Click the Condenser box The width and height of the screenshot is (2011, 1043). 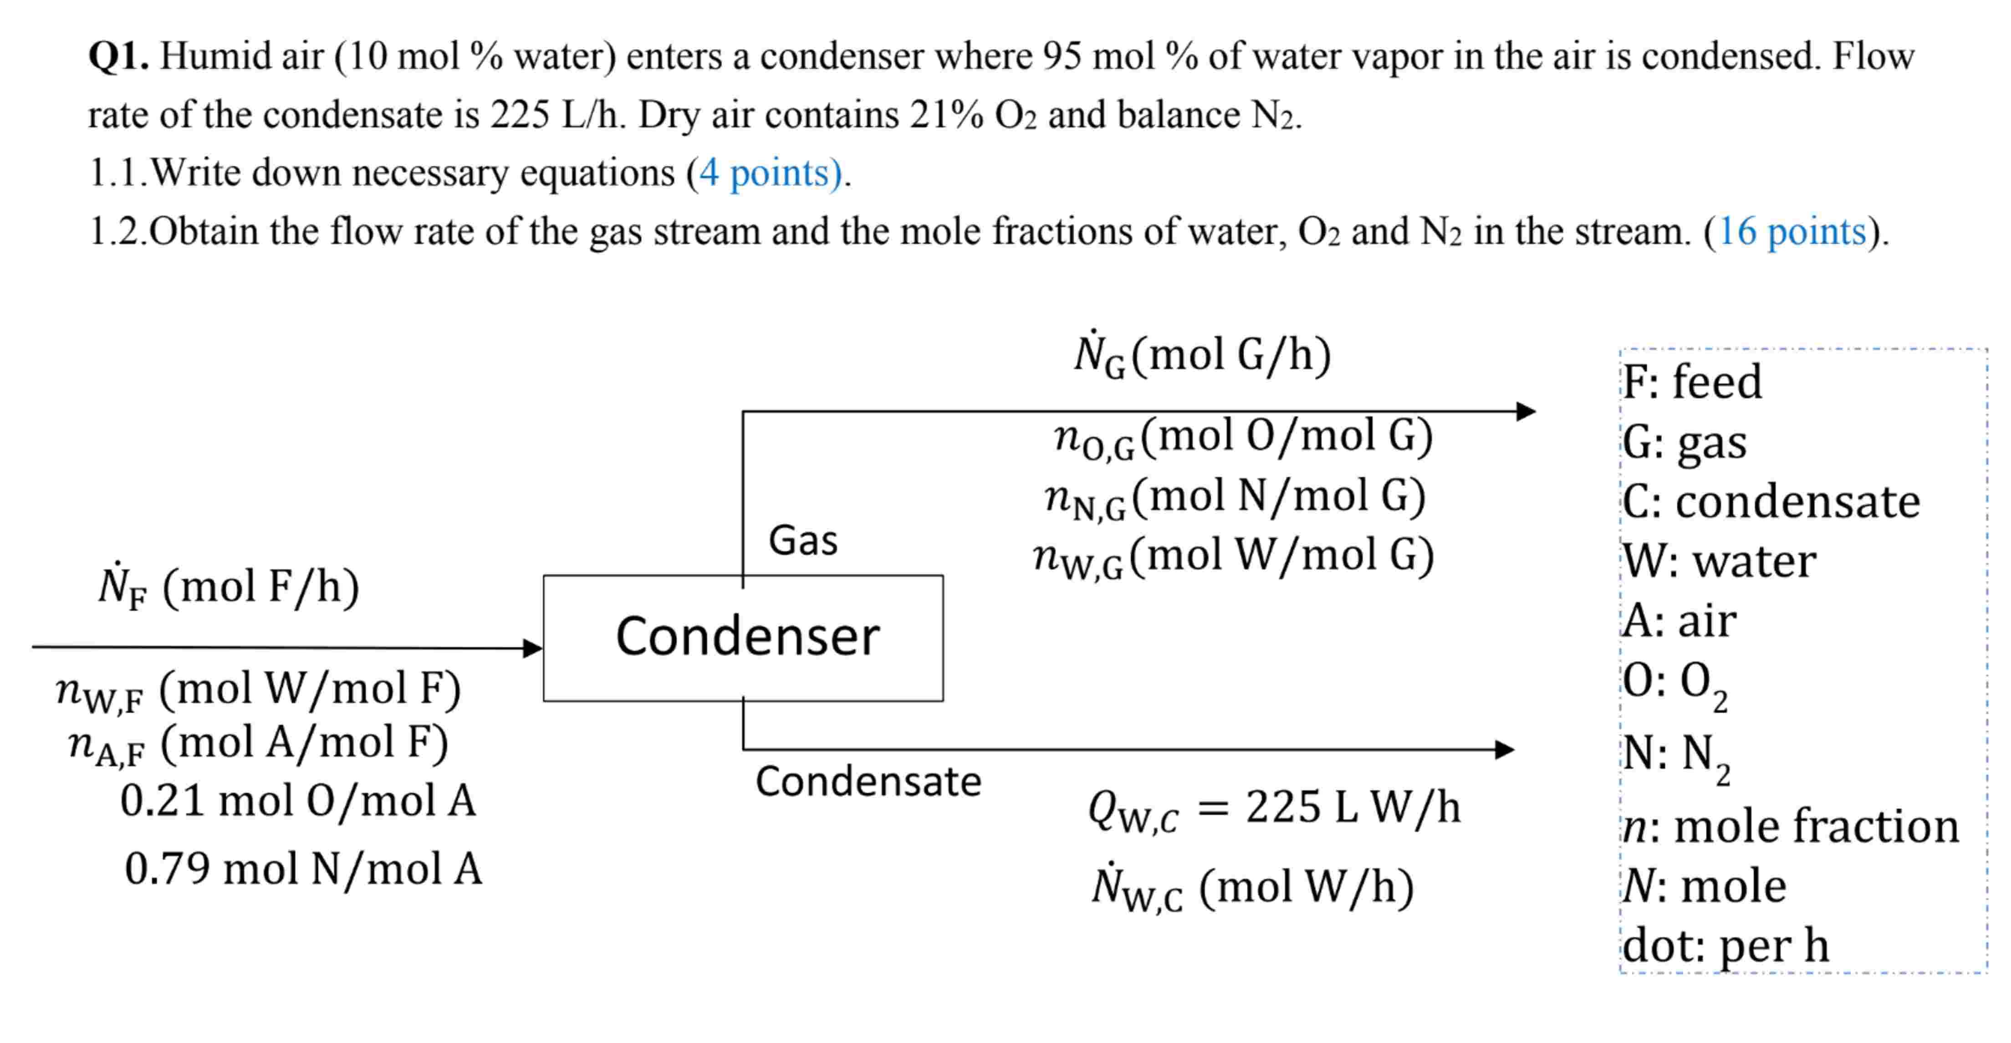pos(743,638)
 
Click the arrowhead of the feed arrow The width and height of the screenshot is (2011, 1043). pos(533,647)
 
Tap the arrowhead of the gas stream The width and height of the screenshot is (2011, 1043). pos(1526,411)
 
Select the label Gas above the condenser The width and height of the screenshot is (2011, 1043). pos(802,540)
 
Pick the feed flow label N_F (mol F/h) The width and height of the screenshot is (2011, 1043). pos(228,587)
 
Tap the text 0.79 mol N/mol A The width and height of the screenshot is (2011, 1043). pos(303,869)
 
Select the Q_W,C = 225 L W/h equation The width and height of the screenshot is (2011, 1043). pos(1274,808)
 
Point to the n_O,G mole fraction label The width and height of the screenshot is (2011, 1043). pos(1243,437)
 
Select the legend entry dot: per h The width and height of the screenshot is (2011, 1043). pos(1725,946)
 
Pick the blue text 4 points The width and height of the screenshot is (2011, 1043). pos(770,173)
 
